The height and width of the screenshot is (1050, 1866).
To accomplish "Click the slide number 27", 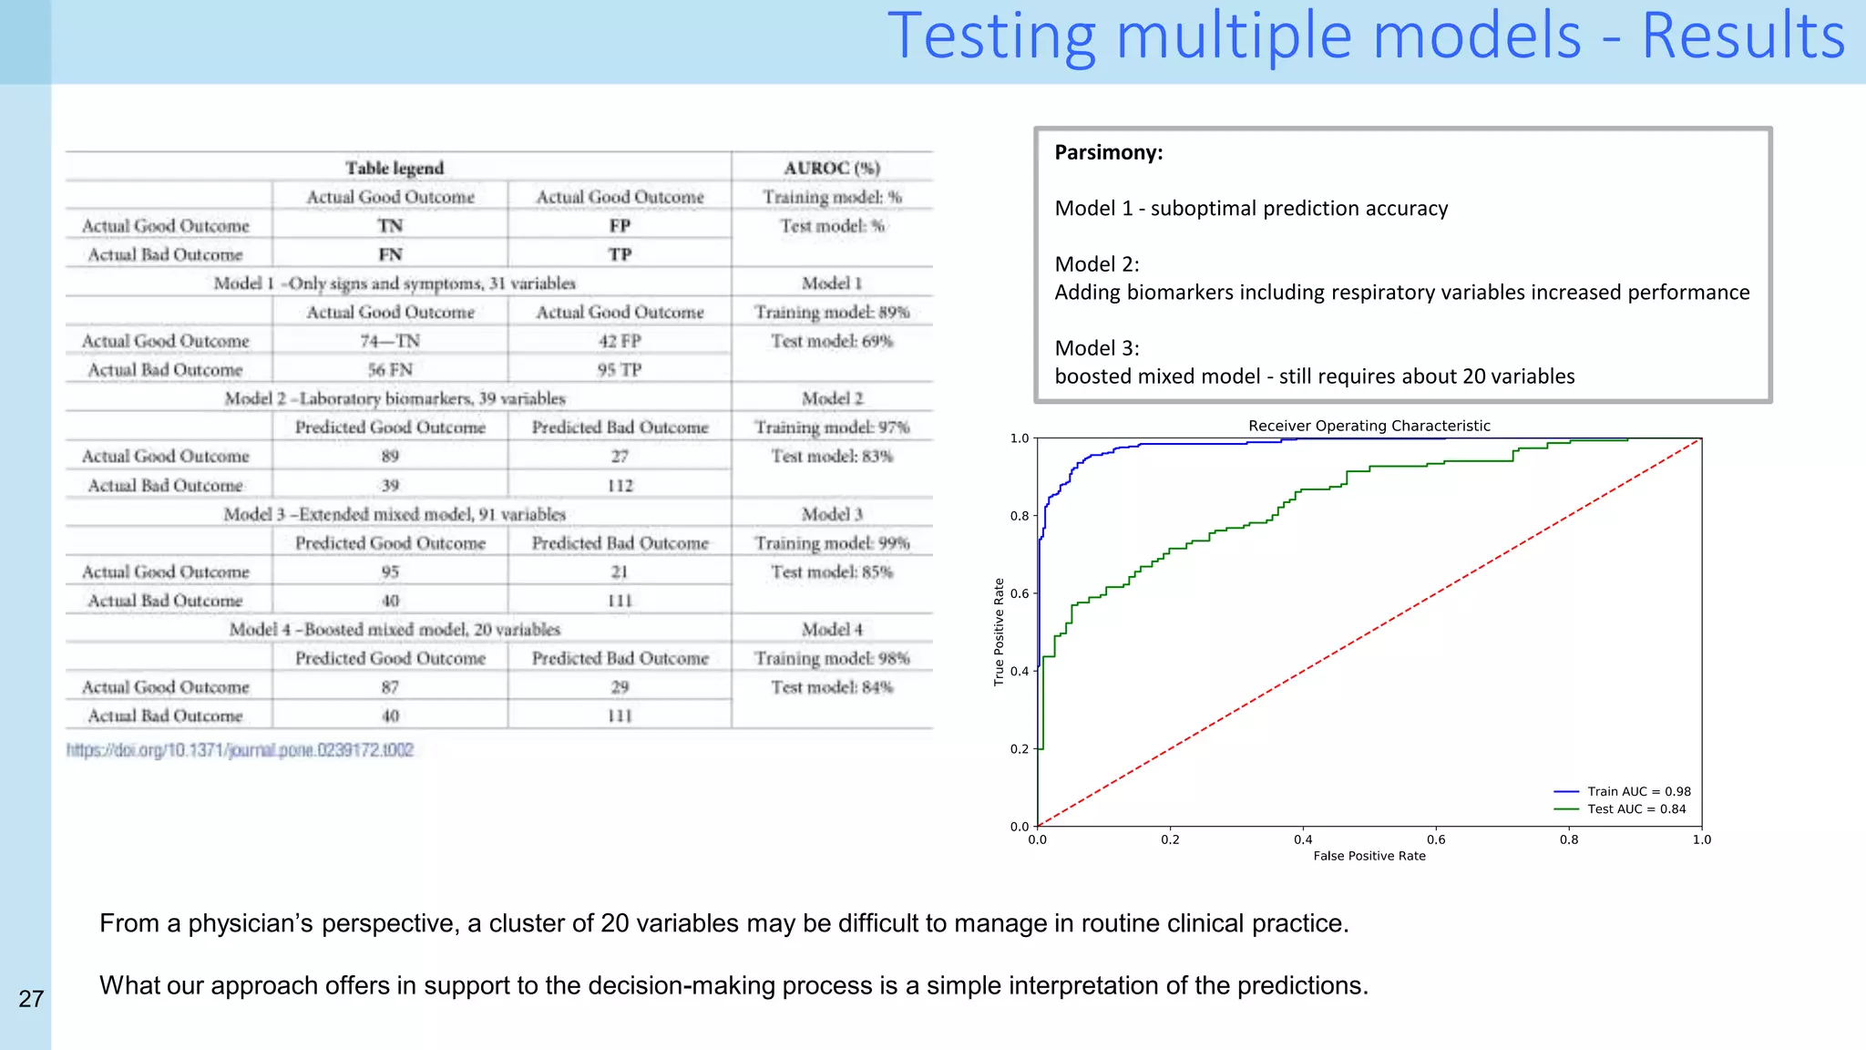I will [31, 999].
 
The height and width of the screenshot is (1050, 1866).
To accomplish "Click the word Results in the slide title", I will [1743, 36].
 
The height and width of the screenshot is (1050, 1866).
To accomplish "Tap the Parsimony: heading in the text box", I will [1108, 152].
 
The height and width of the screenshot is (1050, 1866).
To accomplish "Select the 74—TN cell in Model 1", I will [390, 341].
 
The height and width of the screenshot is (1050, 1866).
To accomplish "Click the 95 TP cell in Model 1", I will [620, 370].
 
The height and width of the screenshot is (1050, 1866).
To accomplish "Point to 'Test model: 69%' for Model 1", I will [832, 341].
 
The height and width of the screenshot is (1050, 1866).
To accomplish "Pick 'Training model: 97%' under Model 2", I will [832, 427].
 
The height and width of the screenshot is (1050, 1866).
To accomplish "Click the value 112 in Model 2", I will [620, 486].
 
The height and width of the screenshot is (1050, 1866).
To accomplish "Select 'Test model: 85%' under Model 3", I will [832, 572].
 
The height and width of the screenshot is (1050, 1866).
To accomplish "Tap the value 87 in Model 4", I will [390, 687].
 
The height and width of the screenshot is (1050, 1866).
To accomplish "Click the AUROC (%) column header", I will [832, 168].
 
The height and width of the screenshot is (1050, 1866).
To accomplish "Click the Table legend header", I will [395, 168].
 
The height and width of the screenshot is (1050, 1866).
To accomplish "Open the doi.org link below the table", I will [240, 750].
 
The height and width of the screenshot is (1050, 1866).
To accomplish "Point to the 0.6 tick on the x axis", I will [1436, 839].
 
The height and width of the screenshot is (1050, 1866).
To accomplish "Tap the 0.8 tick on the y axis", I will [1020, 516].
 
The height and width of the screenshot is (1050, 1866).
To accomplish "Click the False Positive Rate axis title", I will [1369, 856].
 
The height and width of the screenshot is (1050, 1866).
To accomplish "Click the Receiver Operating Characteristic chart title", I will [1369, 426].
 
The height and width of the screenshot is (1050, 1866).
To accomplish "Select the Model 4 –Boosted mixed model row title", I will [395, 630].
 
